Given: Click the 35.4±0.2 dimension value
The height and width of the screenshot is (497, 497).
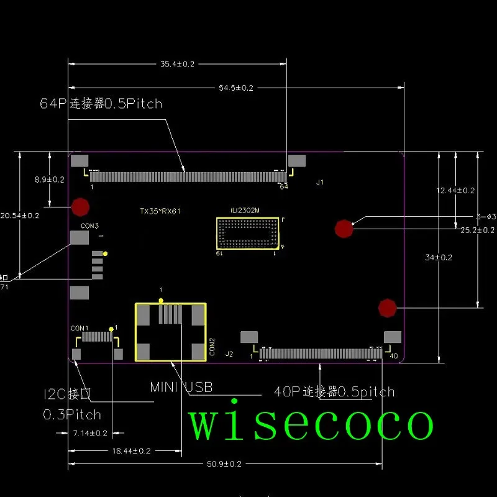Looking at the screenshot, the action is (178, 64).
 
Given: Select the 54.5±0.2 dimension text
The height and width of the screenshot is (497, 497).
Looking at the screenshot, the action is (236, 88).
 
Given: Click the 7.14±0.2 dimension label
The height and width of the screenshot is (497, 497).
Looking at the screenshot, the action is (91, 432).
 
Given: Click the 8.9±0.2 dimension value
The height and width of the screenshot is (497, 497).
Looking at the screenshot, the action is (50, 180).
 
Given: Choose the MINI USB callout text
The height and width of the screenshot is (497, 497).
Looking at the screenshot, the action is (181, 388).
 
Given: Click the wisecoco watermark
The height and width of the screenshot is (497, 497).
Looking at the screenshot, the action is (311, 424).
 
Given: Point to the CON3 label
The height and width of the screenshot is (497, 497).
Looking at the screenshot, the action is (89, 226).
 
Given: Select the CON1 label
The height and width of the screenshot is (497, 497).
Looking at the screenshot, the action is (80, 328).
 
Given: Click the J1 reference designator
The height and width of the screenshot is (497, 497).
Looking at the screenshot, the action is (320, 183).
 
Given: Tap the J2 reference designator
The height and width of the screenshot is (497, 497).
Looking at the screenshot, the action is (229, 354).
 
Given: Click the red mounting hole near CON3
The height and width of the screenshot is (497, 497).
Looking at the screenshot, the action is (80, 206).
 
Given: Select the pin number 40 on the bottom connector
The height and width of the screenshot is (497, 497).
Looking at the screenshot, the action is (393, 356).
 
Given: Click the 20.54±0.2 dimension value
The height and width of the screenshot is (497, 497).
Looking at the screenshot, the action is (19, 216).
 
